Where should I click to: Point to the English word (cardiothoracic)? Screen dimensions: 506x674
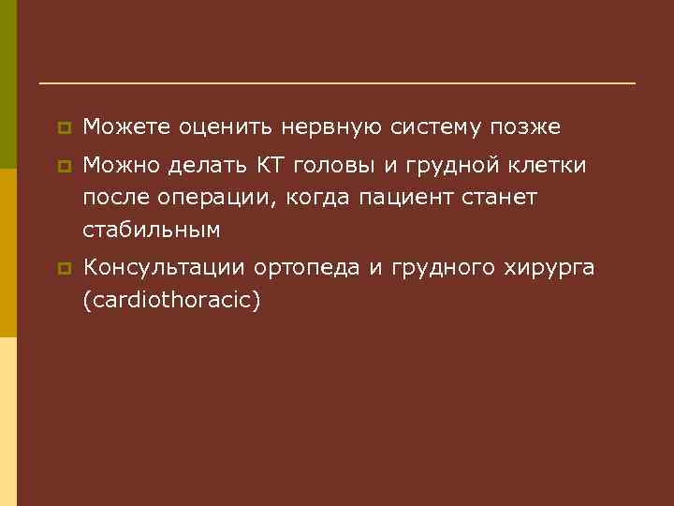point(170,302)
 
